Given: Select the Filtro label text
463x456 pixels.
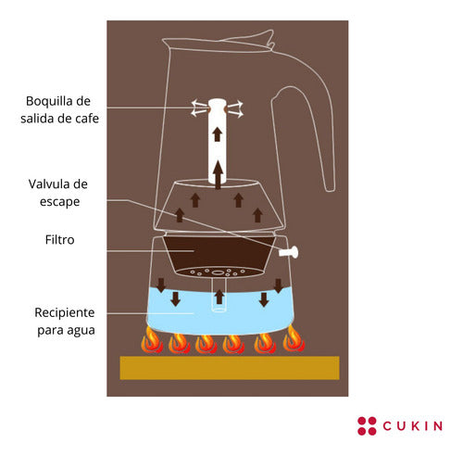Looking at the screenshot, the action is (x=60, y=240).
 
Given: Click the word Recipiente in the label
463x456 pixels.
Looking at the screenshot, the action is (x=65, y=312).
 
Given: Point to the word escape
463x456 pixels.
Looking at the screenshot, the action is (x=60, y=202).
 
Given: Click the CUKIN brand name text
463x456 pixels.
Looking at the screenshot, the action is (x=413, y=426).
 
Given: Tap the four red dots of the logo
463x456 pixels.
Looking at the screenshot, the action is (x=367, y=426).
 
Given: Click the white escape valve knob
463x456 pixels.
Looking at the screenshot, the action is (x=289, y=252).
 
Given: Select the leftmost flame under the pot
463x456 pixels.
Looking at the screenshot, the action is (x=152, y=340).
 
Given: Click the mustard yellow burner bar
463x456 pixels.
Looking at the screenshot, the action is (x=230, y=368).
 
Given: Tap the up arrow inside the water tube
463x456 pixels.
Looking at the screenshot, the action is (x=219, y=297).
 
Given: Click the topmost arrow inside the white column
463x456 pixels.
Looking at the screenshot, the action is (x=218, y=134).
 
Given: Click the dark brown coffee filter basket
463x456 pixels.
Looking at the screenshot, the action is (x=219, y=253).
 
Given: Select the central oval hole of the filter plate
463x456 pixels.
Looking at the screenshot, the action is (x=218, y=272).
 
